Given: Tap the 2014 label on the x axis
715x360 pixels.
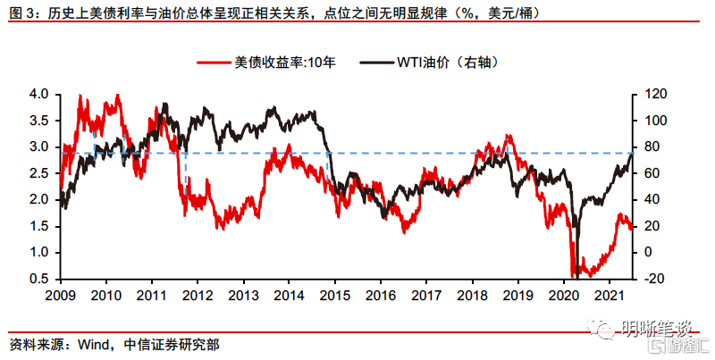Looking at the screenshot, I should [x=289, y=295].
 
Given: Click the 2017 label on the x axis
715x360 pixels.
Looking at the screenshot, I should [x=426, y=295].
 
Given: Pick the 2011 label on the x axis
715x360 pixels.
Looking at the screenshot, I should [x=151, y=295].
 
